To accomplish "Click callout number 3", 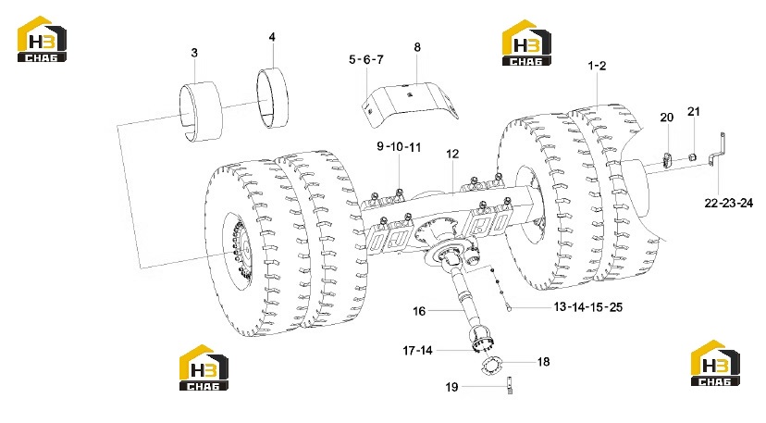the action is point(194,53).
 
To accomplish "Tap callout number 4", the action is point(272,37).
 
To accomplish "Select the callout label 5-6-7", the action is point(366,59).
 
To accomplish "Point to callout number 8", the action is point(417,47).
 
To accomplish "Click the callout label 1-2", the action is point(597,66).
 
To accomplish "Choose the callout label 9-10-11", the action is point(399,146).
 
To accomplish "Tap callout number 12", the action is point(452,154).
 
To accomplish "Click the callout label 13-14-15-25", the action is point(588,307).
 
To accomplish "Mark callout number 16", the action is point(419,311).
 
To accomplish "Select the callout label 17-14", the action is point(417,351).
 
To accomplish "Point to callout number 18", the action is point(543,362).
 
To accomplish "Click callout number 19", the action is point(451,387).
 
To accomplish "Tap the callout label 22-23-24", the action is point(728,203).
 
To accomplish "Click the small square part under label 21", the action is point(692,157).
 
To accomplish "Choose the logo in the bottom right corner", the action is point(715,363).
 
